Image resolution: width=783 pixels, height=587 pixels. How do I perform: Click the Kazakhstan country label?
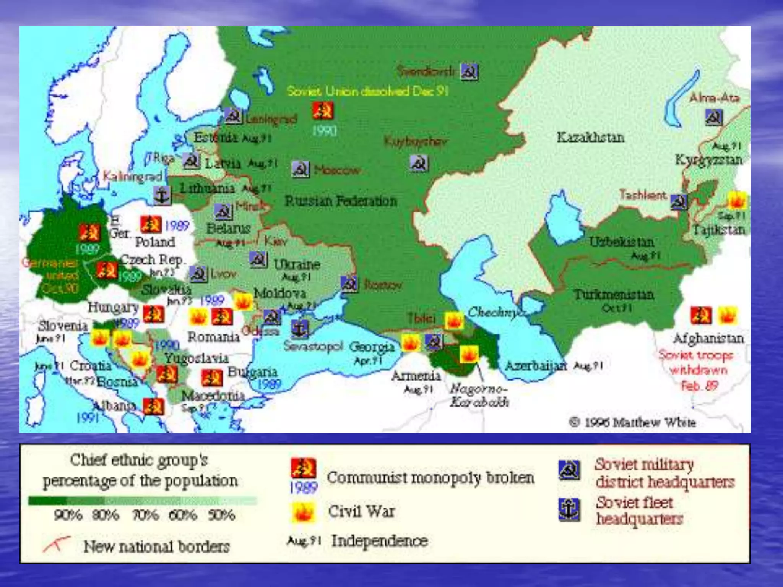[x=590, y=137]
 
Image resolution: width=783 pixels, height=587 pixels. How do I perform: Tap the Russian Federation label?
[x=341, y=201]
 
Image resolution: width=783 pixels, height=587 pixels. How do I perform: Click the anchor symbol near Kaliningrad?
[x=162, y=196]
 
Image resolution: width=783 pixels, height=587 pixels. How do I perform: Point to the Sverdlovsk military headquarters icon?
[x=469, y=72]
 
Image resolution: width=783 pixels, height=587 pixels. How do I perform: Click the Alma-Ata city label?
[x=714, y=98]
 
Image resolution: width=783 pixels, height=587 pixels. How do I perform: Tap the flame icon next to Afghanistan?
[x=727, y=316]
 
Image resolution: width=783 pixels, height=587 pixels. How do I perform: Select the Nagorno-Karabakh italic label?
[x=479, y=396]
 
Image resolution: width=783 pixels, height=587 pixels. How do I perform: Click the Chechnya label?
[x=496, y=312]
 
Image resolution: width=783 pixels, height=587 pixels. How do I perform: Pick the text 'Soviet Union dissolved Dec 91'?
[x=367, y=91]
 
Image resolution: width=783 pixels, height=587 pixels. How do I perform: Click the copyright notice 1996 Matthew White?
[x=632, y=422]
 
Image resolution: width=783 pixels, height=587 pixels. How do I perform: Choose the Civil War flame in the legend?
[x=303, y=512]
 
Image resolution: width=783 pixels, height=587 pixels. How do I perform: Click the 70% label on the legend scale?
[x=146, y=515]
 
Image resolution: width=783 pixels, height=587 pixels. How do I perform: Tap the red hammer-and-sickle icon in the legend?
[x=303, y=469]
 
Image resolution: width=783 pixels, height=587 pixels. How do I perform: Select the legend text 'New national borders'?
[x=156, y=546]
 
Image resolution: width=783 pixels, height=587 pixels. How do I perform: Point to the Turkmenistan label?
[x=614, y=295]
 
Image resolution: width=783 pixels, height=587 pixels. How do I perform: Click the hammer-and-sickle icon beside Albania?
[x=154, y=407]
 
